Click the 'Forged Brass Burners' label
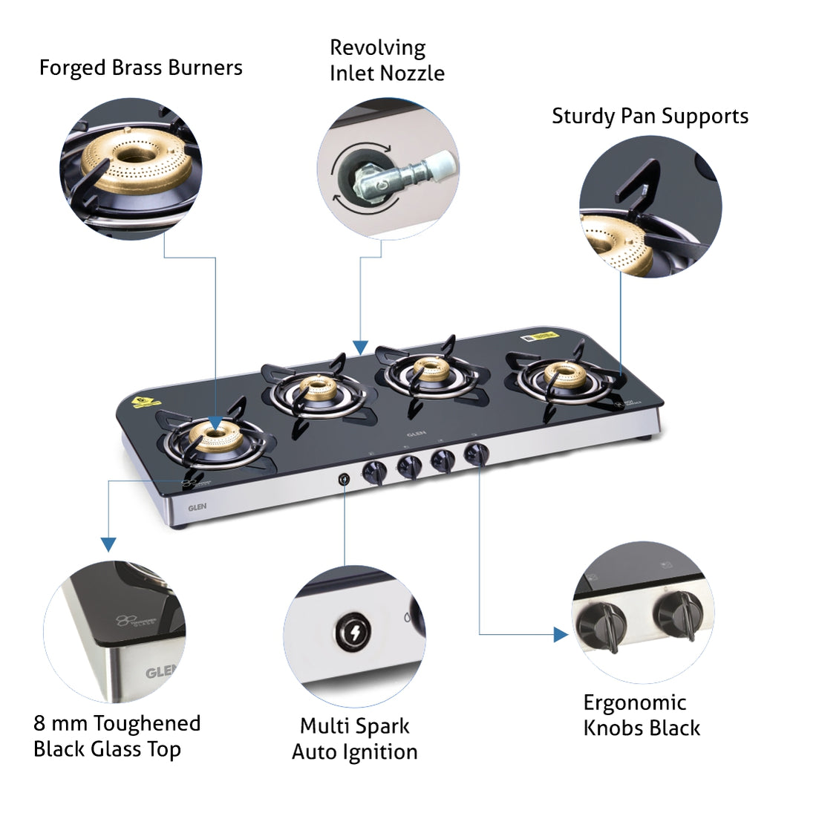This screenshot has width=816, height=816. click(140, 68)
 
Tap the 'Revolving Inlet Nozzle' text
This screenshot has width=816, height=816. click(387, 60)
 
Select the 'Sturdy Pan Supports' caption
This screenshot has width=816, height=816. click(650, 117)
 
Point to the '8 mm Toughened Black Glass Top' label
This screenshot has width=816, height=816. click(117, 736)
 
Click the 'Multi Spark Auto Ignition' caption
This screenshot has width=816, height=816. click(354, 738)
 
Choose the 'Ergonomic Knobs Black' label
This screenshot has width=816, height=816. click(642, 715)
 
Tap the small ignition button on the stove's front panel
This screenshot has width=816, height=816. click(345, 479)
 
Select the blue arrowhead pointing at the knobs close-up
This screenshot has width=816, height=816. click(561, 634)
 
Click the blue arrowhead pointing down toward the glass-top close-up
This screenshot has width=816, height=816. click(108, 544)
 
